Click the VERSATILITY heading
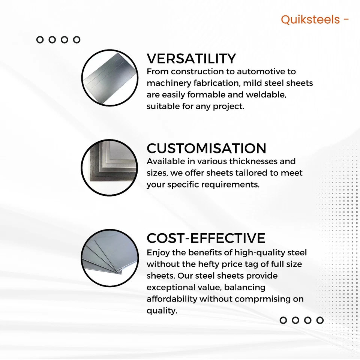(x=191, y=59)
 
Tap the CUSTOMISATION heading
(x=206, y=148)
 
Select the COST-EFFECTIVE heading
(x=206, y=238)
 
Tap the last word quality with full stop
(x=162, y=311)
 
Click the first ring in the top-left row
(x=40, y=39)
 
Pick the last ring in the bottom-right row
(x=320, y=320)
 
